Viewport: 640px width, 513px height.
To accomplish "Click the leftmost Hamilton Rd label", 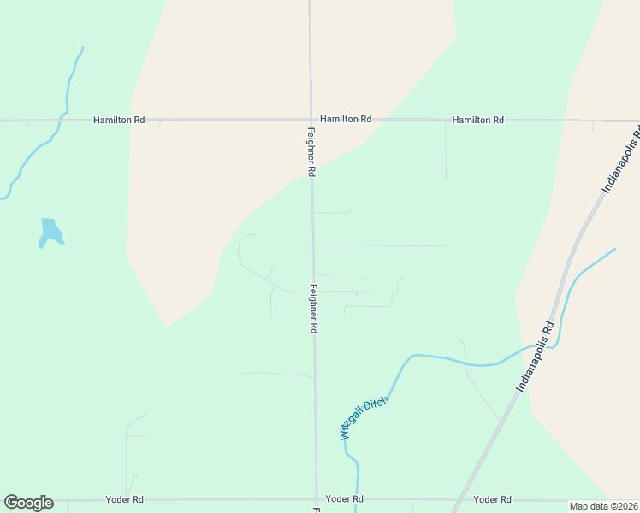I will point(118,121).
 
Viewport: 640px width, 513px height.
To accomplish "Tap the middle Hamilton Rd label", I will point(346,120).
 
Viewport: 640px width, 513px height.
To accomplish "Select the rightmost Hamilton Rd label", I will point(477,121).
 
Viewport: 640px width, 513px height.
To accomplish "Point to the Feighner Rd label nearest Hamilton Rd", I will point(311,152).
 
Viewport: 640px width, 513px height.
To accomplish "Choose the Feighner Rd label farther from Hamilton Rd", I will point(314,308).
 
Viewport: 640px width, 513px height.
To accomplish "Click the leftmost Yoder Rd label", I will point(124,499).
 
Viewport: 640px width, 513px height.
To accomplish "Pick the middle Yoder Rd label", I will point(346,499).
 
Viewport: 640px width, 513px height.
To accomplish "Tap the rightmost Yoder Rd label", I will point(492,499).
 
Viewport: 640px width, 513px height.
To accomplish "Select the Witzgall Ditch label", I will point(364,417).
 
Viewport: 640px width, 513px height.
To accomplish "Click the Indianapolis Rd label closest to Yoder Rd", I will point(536,357).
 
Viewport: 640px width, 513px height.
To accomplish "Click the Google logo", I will point(28,503).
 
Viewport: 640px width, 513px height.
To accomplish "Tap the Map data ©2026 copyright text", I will point(603,506).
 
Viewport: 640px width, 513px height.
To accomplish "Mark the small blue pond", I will point(50,232).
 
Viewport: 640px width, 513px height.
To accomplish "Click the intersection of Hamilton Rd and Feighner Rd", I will point(310,120).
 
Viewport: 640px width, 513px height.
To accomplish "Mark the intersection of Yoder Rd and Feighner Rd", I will point(317,499).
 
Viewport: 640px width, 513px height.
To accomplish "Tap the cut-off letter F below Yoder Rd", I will point(316,510).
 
